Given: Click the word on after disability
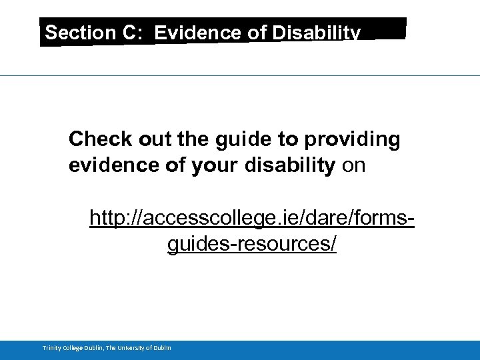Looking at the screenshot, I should (353, 165).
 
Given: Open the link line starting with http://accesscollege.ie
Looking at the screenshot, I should (252, 218).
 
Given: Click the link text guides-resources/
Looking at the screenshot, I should (252, 245).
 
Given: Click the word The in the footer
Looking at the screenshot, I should (111, 348).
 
